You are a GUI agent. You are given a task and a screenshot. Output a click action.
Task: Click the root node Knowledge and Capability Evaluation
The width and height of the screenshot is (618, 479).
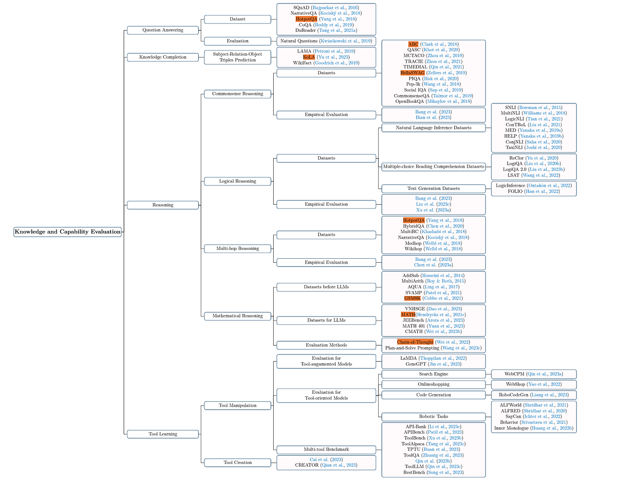(68, 232)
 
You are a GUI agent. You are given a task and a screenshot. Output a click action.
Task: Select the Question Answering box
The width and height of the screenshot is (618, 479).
(163, 30)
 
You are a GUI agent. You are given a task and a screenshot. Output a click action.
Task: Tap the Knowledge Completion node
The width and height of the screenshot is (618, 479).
(163, 57)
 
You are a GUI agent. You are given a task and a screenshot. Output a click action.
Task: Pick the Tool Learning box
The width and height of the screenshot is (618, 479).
(163, 434)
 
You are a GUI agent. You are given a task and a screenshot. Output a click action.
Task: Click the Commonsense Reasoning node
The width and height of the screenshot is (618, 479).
(237, 94)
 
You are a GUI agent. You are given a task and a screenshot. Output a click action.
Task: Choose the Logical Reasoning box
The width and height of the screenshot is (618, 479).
(237, 181)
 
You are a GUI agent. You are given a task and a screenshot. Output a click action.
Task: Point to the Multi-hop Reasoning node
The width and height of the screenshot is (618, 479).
(237, 249)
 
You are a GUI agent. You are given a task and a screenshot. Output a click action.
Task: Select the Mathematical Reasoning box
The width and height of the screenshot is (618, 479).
(237, 316)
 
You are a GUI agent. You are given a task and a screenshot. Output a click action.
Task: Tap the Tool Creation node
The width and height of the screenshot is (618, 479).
(237, 462)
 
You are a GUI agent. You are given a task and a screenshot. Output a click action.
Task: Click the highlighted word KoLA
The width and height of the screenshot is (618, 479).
(309, 57)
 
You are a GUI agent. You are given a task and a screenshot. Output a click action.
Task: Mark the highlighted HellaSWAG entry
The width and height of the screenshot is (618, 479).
(412, 73)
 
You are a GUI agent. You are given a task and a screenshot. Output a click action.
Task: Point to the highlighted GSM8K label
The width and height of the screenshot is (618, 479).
(412, 298)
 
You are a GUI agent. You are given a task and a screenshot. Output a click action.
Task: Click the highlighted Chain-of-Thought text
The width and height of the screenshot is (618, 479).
(415, 342)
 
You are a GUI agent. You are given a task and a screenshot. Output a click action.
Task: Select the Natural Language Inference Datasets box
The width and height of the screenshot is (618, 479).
(433, 128)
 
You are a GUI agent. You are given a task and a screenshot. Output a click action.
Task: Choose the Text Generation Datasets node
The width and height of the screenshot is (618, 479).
(433, 189)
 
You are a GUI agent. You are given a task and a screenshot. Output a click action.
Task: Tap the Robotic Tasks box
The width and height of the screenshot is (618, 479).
(433, 416)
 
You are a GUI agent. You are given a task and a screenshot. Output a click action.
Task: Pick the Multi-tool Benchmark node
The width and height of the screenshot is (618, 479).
(326, 449)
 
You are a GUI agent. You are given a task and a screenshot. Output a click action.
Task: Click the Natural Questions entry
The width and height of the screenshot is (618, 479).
(326, 41)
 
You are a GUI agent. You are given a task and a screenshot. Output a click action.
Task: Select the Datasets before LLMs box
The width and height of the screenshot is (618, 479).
(326, 287)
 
